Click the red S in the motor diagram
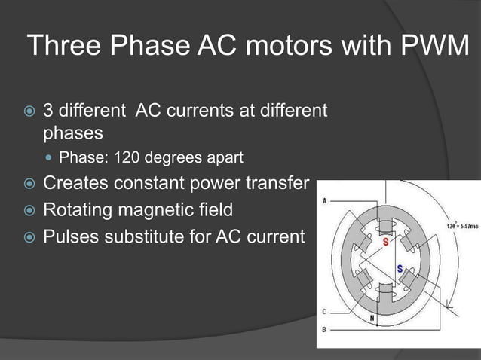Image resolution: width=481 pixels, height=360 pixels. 386,243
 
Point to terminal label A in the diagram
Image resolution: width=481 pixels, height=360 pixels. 324,201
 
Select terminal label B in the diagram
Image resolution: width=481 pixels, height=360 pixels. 324,330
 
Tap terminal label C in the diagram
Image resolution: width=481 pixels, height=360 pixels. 324,311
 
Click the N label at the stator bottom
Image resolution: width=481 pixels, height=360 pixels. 372,318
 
